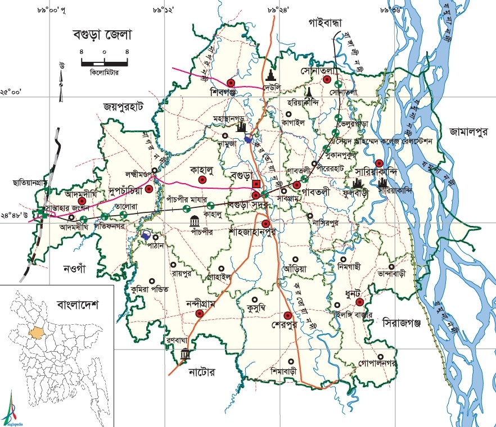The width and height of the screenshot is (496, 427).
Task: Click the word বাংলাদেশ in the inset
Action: (x=78, y=306)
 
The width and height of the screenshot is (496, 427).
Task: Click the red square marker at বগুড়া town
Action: (x=255, y=184)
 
